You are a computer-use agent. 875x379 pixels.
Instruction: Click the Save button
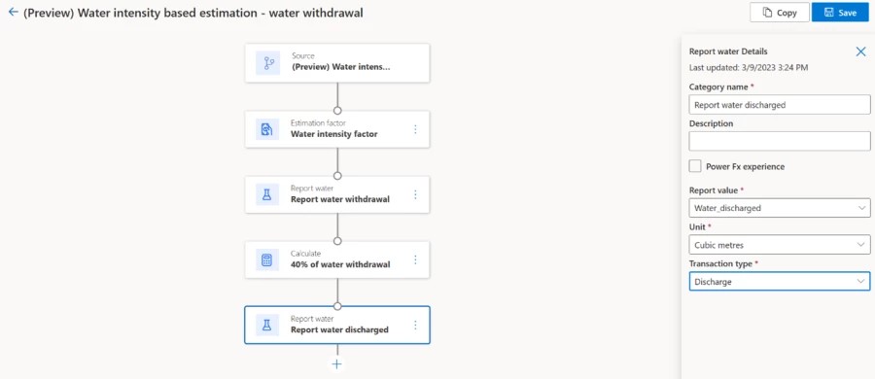point(840,13)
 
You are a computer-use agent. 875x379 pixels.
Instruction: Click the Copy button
point(780,13)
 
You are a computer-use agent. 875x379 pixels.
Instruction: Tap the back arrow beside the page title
point(13,13)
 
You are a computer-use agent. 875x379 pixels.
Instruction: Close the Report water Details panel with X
point(860,52)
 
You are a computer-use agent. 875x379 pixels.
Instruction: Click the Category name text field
point(779,105)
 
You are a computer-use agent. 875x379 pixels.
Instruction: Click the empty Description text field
point(779,141)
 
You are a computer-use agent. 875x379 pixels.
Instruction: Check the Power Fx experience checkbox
point(695,166)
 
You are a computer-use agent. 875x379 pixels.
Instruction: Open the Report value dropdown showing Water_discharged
point(779,208)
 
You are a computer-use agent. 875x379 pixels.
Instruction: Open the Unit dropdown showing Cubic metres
point(779,245)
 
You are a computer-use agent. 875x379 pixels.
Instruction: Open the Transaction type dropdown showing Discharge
point(779,282)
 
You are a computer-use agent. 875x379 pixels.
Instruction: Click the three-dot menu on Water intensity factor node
point(415,129)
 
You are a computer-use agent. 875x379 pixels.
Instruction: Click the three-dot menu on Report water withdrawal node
point(415,194)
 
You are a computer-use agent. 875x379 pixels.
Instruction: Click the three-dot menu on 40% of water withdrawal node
point(415,259)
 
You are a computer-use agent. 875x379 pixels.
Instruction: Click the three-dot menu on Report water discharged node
point(415,326)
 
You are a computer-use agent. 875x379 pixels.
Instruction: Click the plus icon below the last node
point(337,363)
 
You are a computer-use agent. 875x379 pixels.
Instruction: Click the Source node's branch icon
point(267,63)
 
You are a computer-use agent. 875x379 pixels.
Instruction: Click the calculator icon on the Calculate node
point(266,259)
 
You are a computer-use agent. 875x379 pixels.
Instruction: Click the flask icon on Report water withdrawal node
point(266,194)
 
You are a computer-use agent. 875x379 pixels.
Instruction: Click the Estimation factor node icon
point(266,129)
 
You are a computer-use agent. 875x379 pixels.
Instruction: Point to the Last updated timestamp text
point(748,68)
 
